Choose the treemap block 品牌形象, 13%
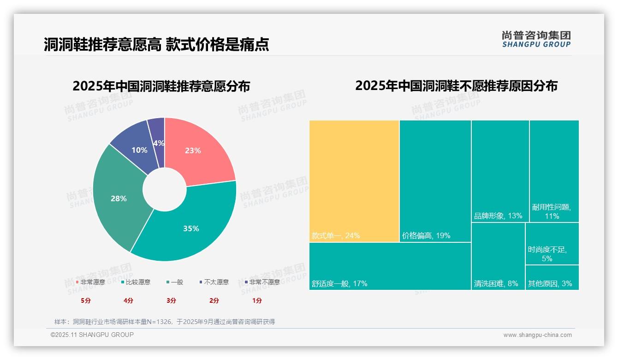pos(500,171)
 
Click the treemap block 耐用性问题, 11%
pos(554,171)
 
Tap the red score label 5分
pos(86,300)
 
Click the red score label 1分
pos(257,300)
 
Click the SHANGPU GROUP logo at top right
pos(536,39)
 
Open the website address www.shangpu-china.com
pos(537,335)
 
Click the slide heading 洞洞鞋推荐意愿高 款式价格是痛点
pos(156,44)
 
